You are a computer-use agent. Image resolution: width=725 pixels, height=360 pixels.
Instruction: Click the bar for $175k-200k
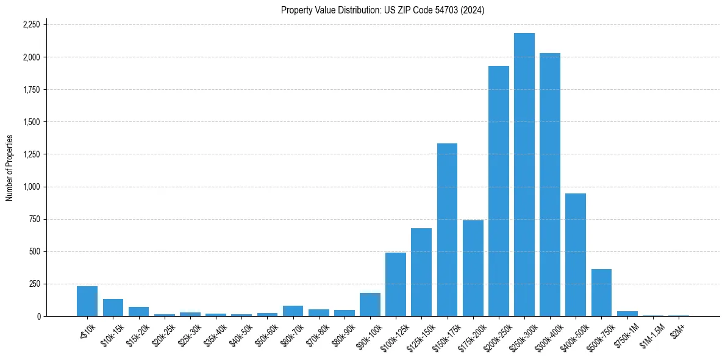click(473, 268)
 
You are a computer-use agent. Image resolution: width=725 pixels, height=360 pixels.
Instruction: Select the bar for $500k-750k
click(601, 292)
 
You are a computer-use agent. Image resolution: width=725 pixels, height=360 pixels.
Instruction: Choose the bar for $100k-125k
click(396, 284)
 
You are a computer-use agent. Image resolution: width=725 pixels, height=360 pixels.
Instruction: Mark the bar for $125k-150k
click(421, 272)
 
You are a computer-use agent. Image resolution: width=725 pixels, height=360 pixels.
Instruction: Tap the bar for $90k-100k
click(370, 304)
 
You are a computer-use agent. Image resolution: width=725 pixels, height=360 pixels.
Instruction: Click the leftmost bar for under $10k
click(87, 301)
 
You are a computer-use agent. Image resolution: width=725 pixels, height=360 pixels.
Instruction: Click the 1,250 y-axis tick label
click(31, 154)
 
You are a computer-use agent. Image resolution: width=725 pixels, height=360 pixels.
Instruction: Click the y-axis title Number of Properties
click(9, 168)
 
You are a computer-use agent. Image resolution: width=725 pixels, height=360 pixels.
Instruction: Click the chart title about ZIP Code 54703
click(382, 10)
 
